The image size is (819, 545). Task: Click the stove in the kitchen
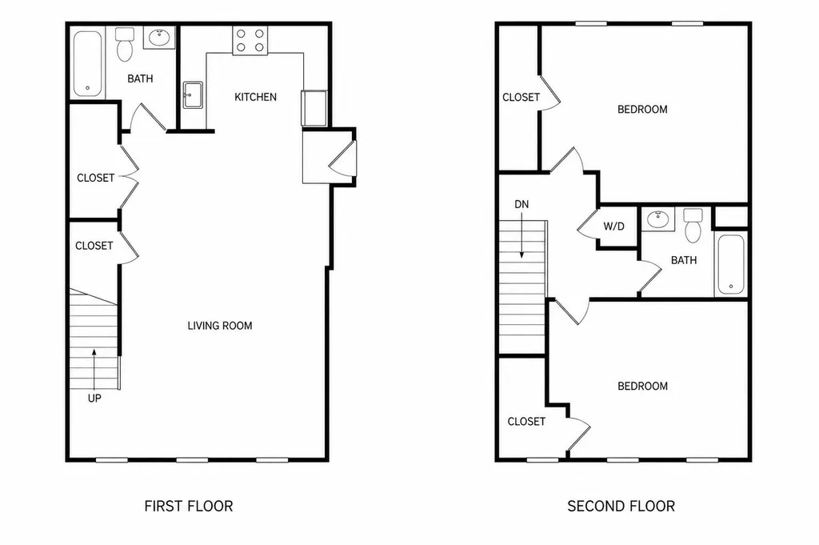pos(250,40)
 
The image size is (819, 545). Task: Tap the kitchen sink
pos(192,95)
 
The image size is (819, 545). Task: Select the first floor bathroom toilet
pos(124,44)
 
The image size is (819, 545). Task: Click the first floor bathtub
pos(87,64)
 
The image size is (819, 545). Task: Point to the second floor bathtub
pos(731,264)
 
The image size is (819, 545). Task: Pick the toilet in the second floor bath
pos(693,225)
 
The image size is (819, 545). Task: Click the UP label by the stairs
pos(94,399)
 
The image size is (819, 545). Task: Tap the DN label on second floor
pos(521,204)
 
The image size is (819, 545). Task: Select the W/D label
pos(613,226)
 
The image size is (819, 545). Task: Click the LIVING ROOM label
pos(220,326)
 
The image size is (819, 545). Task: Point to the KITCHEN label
pos(255,97)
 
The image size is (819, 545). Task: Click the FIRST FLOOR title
pos(189,506)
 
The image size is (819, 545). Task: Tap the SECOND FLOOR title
pos(621,506)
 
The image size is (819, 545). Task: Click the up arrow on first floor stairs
pos(94,370)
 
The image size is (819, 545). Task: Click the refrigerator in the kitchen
pos(314,108)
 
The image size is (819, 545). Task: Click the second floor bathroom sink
pos(658,218)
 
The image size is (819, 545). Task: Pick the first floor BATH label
pos(141,79)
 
